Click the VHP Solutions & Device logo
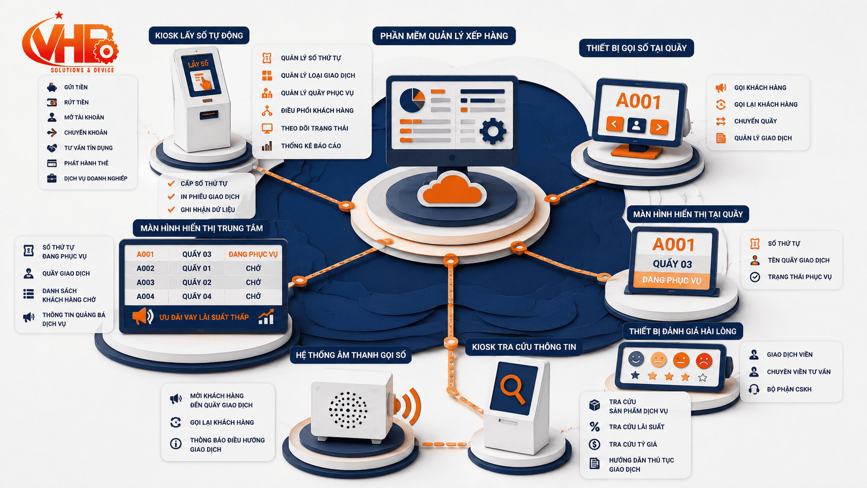click(69, 43)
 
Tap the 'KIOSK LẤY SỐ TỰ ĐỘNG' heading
click(199, 36)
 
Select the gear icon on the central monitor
click(493, 131)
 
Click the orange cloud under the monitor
click(452, 189)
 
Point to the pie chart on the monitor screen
click(412, 100)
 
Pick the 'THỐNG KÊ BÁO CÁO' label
click(311, 146)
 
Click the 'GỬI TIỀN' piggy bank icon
click(52, 88)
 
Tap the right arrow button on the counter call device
click(659, 126)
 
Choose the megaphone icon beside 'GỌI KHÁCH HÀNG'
click(721, 88)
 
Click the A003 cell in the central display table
click(146, 283)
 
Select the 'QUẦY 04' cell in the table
click(197, 297)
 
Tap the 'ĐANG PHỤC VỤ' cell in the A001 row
click(253, 254)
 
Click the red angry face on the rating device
click(704, 360)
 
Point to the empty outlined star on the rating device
click(703, 378)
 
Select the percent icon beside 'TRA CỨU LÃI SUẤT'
click(595, 427)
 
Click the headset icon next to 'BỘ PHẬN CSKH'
click(753, 389)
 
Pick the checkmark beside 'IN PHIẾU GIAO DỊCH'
click(171, 197)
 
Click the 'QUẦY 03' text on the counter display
click(673, 264)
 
